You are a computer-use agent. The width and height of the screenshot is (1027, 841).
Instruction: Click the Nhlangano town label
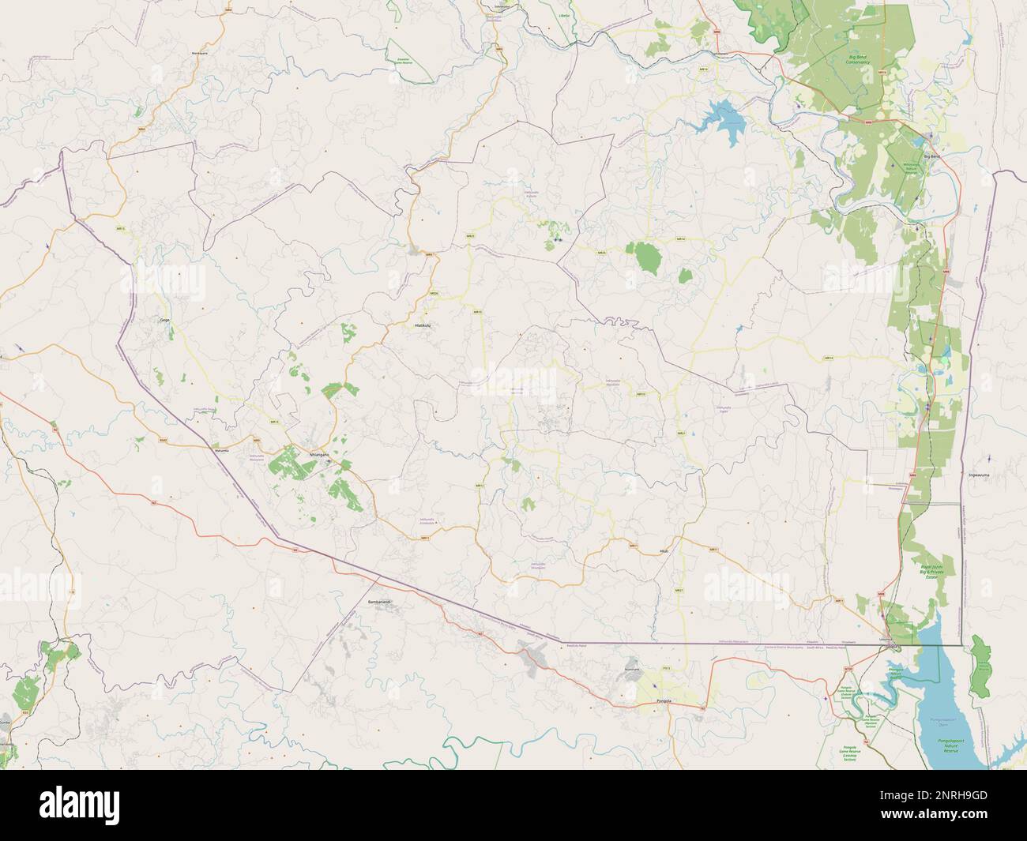[x=319, y=456]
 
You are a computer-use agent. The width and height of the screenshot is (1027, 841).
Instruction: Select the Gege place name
[x=165, y=320]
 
